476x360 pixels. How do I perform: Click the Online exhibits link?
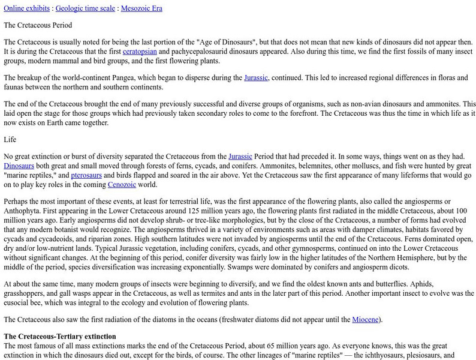pyautogui.click(x=26, y=8)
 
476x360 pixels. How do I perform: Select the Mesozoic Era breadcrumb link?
pyautogui.click(x=141, y=8)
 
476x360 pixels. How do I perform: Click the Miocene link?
pyautogui.click(x=365, y=319)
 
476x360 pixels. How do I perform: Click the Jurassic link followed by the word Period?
pyautogui.click(x=249, y=156)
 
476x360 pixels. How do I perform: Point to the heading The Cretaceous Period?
pyautogui.click(x=38, y=25)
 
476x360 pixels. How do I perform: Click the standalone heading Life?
pyautogui.click(x=10, y=139)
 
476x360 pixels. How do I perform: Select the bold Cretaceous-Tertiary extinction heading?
pyautogui.click(x=60, y=336)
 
